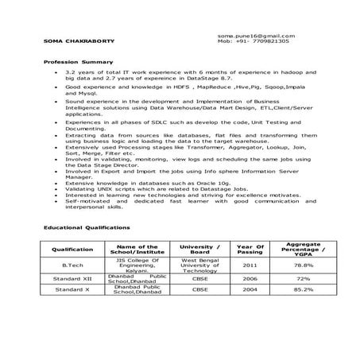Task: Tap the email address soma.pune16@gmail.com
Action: (255, 35)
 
